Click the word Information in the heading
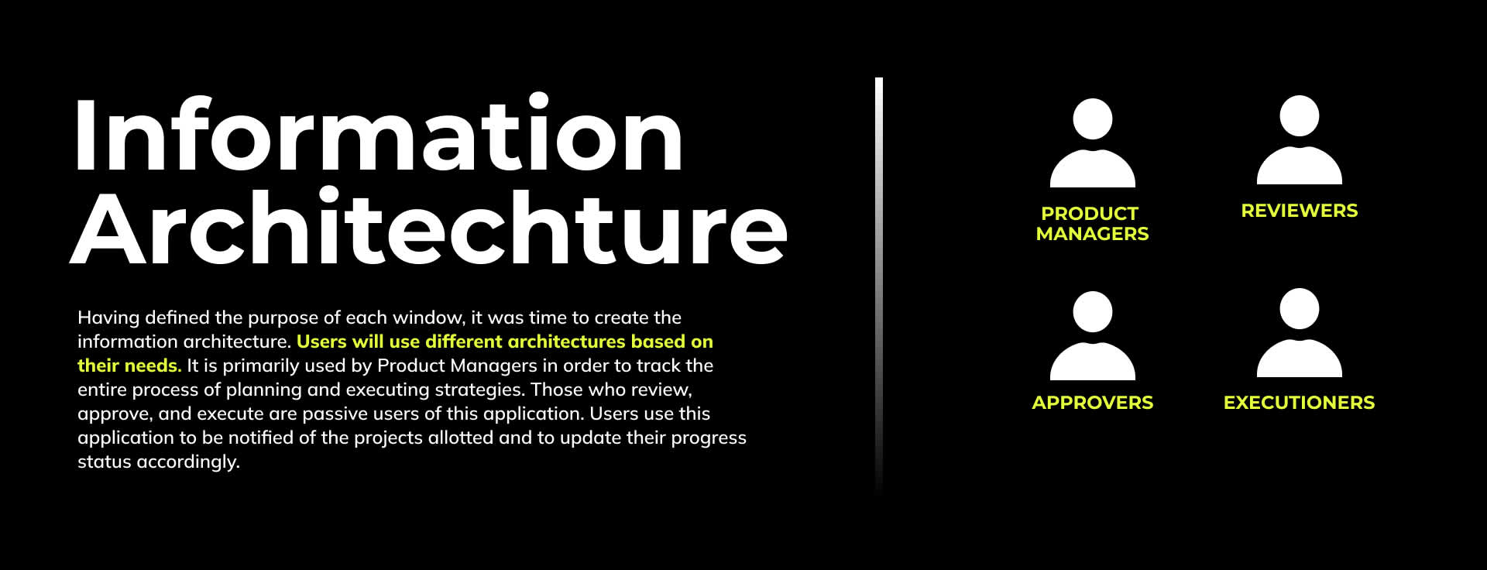click(379, 133)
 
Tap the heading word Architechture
click(429, 226)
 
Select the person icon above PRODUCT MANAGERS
click(1092, 142)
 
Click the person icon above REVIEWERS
click(1299, 139)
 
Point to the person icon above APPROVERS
click(1092, 335)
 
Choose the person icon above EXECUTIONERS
click(1299, 332)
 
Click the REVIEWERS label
click(1299, 211)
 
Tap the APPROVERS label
click(1092, 403)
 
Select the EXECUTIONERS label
click(1299, 403)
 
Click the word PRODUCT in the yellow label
click(1090, 214)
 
